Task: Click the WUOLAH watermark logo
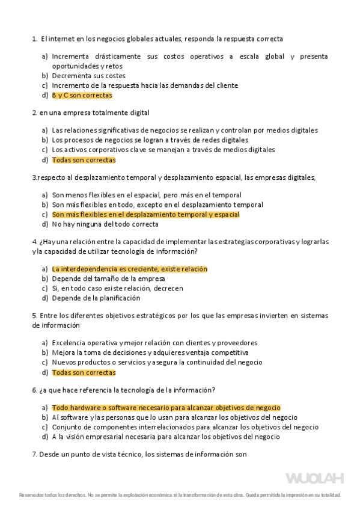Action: [314, 479]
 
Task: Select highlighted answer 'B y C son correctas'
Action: [82, 95]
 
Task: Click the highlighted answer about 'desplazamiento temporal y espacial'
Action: [145, 214]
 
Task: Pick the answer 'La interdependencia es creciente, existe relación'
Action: [129, 269]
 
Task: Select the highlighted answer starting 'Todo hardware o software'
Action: [166, 407]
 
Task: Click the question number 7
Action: [34, 455]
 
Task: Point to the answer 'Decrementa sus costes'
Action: [88, 76]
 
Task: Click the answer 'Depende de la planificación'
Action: [96, 298]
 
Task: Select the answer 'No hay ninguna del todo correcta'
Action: [105, 224]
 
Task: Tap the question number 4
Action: [34, 242]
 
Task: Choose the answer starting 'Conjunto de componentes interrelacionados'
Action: [185, 427]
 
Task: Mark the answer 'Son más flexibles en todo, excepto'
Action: [157, 204]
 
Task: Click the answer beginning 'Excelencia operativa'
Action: [154, 343]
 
